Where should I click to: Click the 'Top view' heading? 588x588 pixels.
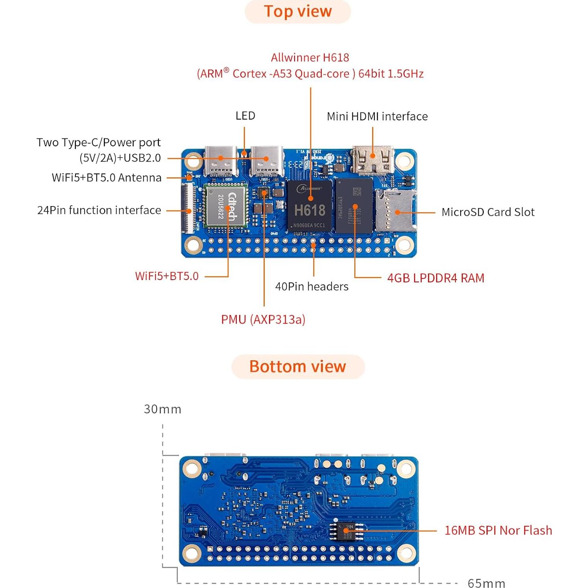click(298, 11)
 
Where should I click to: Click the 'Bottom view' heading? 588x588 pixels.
click(298, 367)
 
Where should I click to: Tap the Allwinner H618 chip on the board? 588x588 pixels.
click(310, 206)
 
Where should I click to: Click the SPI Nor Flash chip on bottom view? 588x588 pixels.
click(345, 531)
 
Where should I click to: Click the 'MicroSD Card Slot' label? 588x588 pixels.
click(488, 212)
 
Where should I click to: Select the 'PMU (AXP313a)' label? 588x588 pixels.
click(263, 319)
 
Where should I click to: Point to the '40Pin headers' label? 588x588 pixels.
click(312, 286)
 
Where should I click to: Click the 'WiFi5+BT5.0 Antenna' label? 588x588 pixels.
click(107, 178)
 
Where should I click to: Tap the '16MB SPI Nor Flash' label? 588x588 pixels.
click(498, 530)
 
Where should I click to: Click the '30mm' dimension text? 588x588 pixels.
click(162, 409)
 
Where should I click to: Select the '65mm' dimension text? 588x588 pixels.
click(486, 583)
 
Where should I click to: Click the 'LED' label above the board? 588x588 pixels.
click(245, 116)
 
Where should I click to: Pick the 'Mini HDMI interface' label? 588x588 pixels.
click(377, 116)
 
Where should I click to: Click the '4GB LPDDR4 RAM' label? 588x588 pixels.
click(435, 278)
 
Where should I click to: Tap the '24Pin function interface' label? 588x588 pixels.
click(99, 210)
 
